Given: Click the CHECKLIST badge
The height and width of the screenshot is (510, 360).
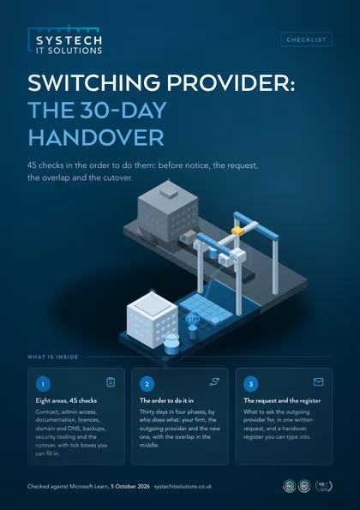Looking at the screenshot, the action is click(306, 39).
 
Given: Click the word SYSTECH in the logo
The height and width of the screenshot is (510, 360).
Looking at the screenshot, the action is click(69, 40).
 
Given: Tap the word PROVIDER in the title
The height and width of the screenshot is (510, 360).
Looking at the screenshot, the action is click(231, 82).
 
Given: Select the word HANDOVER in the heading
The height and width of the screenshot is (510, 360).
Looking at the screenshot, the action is click(96, 137).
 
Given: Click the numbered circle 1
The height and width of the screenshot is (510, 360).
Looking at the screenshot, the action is click(43, 384).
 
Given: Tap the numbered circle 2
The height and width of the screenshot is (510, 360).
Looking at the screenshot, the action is click(147, 384).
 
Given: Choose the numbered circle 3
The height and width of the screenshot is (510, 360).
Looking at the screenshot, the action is click(251, 384).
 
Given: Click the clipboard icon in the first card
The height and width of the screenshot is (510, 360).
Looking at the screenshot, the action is click(111, 381).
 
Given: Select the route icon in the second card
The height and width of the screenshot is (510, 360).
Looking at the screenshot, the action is click(214, 381).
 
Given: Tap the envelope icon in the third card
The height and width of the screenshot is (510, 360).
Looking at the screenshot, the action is click(318, 381).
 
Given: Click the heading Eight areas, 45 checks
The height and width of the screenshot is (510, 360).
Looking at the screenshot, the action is click(66, 400).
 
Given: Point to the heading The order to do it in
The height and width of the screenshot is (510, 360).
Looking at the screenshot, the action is click(166, 400).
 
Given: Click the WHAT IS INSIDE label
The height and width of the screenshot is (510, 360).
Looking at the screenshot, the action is click(52, 357).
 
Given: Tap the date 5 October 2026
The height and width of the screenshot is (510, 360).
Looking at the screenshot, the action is click(130, 487).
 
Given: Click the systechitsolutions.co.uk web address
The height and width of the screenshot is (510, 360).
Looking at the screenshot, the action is click(183, 487).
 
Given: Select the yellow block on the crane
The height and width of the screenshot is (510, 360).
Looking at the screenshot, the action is click(238, 231).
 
